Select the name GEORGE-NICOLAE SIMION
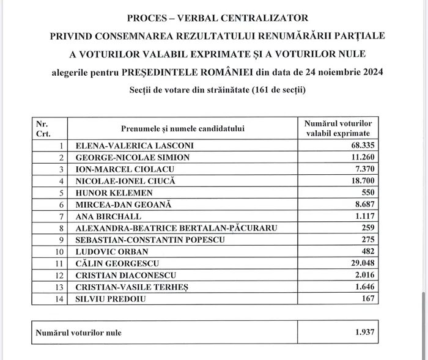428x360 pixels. (132, 158)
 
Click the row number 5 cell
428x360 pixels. (61, 193)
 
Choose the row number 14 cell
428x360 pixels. (59, 299)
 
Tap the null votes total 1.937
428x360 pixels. (364, 333)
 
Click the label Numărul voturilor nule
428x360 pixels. (78, 333)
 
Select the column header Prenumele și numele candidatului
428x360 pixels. (182, 128)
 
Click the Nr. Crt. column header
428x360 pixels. (44, 128)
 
